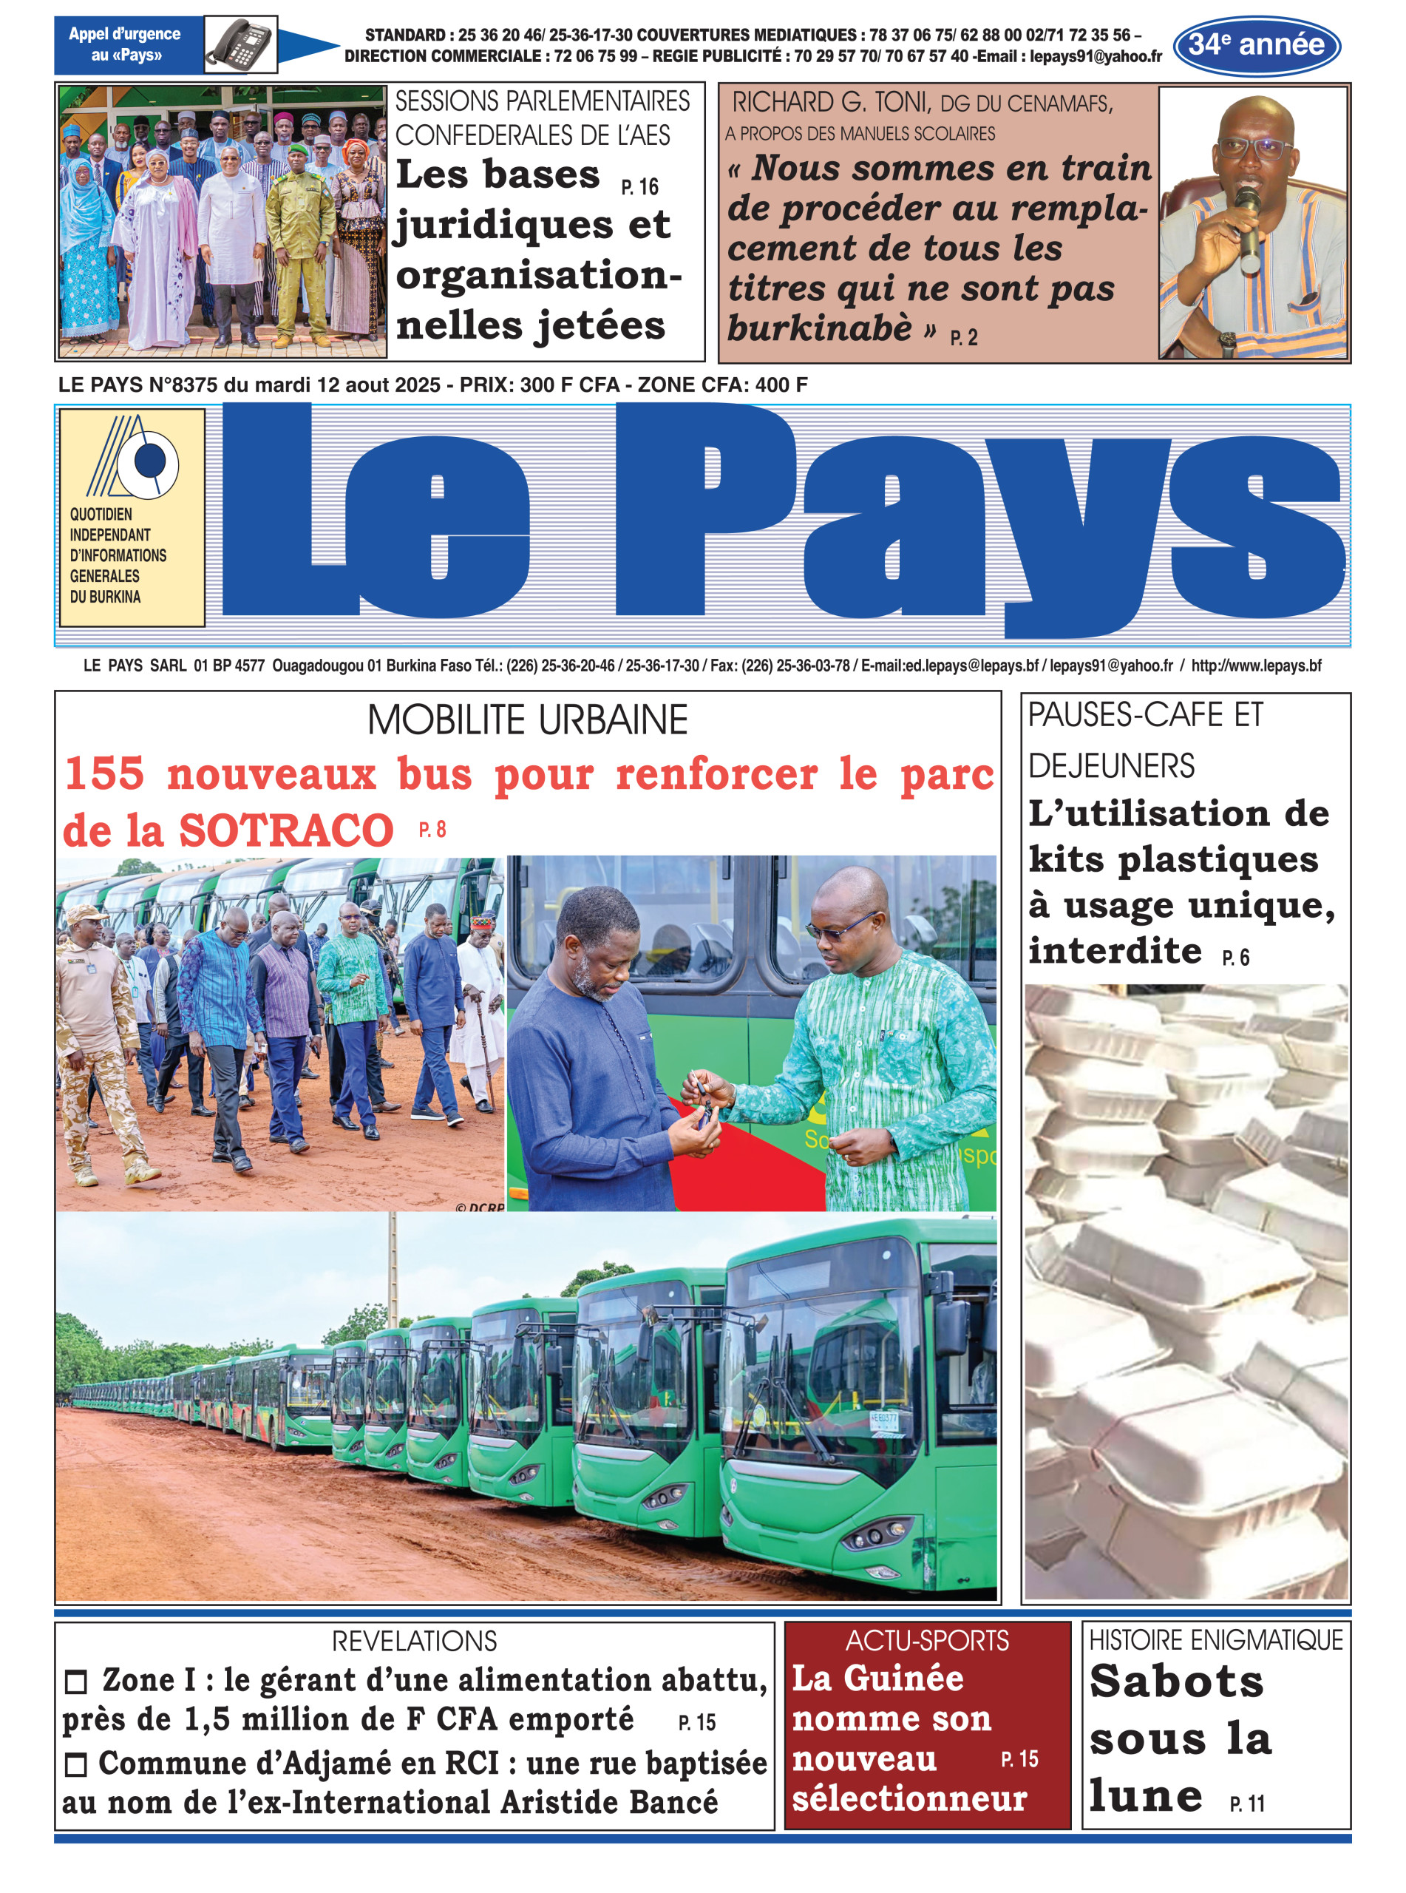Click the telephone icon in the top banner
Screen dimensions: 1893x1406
(x=241, y=44)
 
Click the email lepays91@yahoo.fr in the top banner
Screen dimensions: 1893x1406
(x=1096, y=57)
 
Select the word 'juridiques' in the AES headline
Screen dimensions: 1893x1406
(x=504, y=226)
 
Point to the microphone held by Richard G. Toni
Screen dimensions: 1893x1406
(x=1248, y=226)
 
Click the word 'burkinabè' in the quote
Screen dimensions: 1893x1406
(x=819, y=328)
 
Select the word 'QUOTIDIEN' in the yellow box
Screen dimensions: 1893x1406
(x=101, y=514)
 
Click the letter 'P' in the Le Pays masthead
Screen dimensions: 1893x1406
(x=707, y=511)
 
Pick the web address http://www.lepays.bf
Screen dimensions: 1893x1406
(x=1255, y=666)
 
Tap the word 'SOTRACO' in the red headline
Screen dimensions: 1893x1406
(x=286, y=830)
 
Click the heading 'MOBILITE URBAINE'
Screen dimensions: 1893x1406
(x=527, y=720)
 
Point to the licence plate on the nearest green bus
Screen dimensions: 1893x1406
(x=884, y=1419)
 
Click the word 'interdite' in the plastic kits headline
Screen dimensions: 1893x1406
(x=1115, y=950)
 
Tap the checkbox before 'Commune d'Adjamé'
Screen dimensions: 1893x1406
(x=77, y=1765)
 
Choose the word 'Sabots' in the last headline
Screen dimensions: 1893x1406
(x=1176, y=1682)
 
